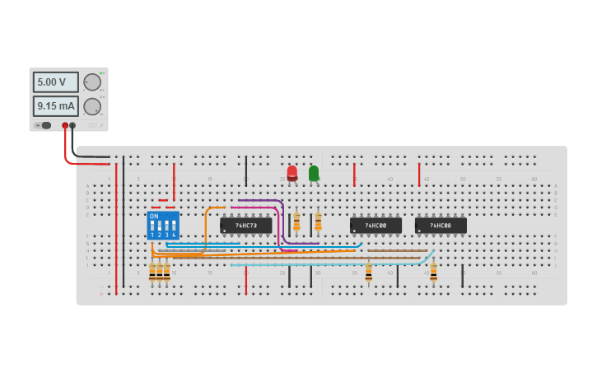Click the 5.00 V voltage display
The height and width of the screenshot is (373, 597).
[x=55, y=82]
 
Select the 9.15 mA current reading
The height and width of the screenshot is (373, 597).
[x=55, y=106]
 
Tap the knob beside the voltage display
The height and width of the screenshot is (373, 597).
[x=92, y=82]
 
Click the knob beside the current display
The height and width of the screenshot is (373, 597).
[x=92, y=106]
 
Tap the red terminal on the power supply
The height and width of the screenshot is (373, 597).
[x=65, y=126]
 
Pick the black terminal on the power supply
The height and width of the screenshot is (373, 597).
[x=73, y=126]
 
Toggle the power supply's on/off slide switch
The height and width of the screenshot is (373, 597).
[x=44, y=126]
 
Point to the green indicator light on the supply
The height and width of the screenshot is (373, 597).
[x=101, y=72]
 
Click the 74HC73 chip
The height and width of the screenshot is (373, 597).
[x=245, y=225]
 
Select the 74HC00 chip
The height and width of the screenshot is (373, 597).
[x=375, y=225]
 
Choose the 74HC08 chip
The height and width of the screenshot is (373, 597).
[x=441, y=225]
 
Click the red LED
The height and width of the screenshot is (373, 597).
[x=292, y=172]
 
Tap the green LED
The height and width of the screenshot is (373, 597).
[x=314, y=173]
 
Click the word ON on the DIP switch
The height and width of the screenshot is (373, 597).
[x=154, y=216]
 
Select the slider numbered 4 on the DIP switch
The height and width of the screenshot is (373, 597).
[x=175, y=226]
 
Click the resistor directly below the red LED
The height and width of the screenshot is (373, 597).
[x=296, y=221]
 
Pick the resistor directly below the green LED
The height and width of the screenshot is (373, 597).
[x=318, y=221]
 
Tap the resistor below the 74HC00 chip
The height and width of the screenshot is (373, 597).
[x=368, y=271]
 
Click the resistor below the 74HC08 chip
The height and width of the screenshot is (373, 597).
[x=433, y=271]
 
